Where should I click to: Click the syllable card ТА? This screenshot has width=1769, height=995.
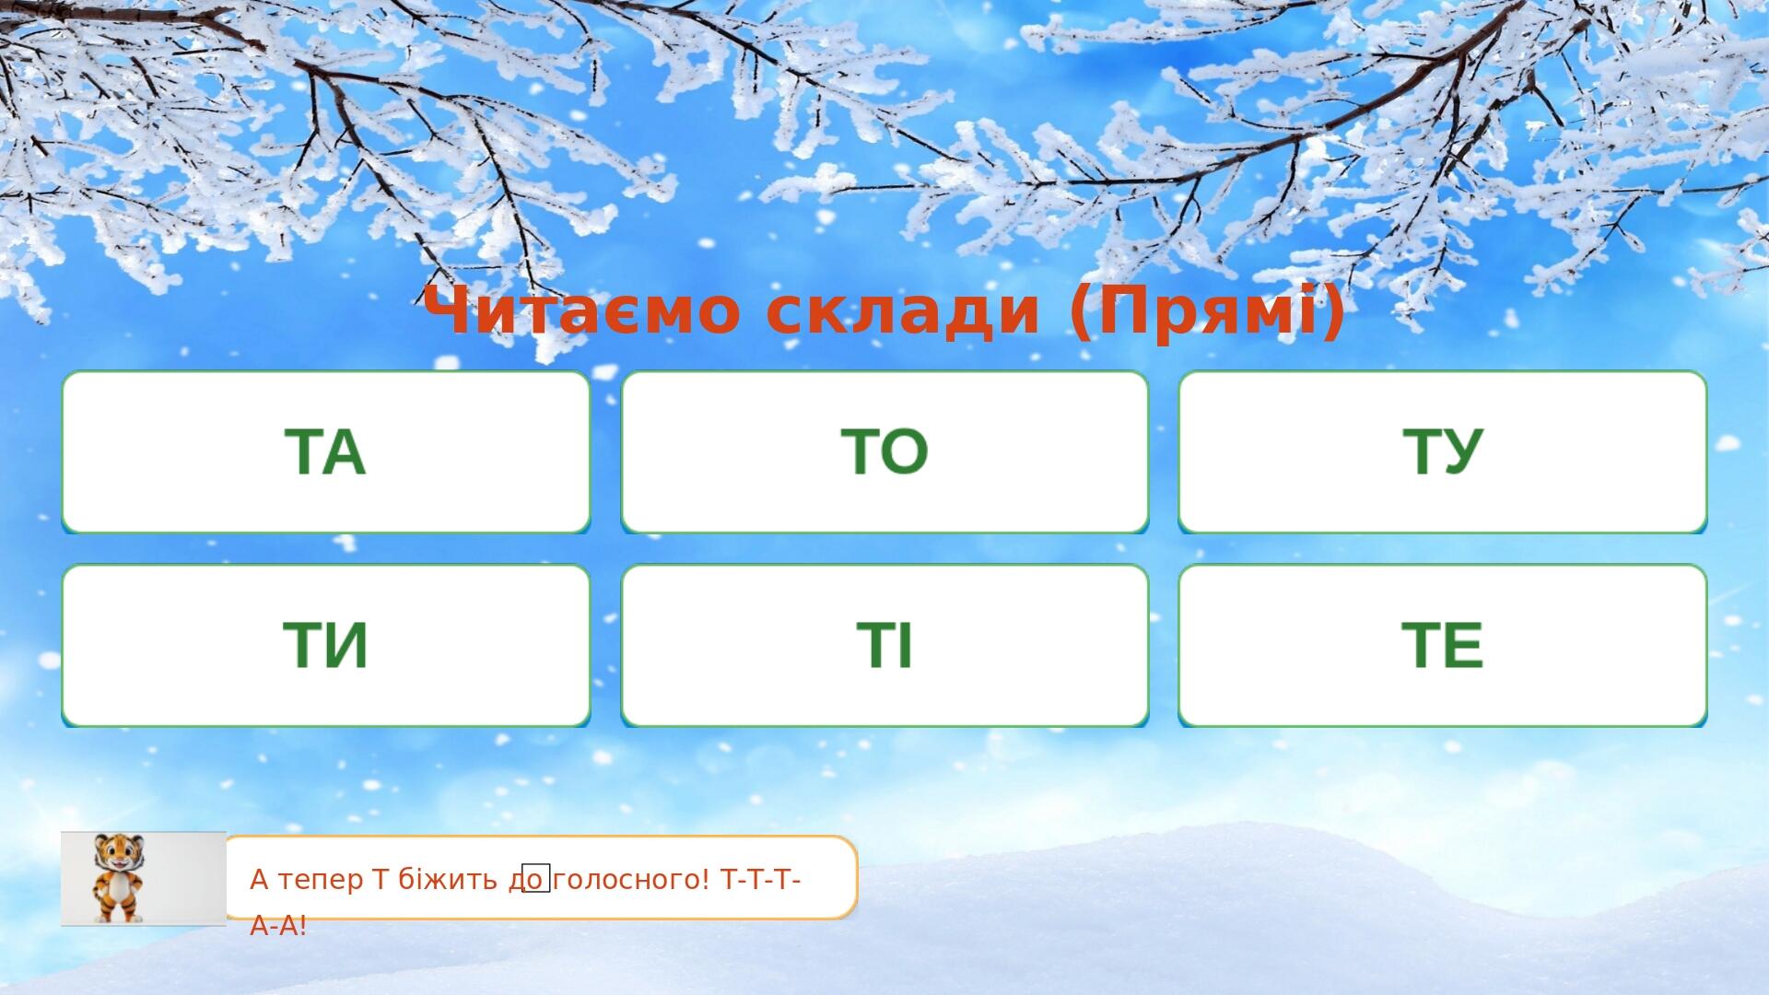tap(326, 451)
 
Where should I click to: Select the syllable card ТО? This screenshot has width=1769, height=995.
tap(884, 451)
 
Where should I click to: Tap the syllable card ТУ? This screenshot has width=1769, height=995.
tap(1443, 451)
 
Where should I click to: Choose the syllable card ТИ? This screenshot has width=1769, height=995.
tap(326, 645)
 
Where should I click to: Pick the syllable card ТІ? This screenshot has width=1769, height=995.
tap(884, 645)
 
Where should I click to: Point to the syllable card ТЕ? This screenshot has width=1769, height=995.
tap(1443, 645)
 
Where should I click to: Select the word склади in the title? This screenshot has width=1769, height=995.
tap(904, 311)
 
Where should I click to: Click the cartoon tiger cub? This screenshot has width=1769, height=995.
tap(119, 878)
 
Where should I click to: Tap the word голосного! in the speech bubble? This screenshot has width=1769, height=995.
tap(633, 881)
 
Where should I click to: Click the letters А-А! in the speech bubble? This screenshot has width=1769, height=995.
tap(278, 926)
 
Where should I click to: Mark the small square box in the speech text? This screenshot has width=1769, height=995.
tap(536, 878)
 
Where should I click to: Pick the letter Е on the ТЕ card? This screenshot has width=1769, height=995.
tap(1463, 645)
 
